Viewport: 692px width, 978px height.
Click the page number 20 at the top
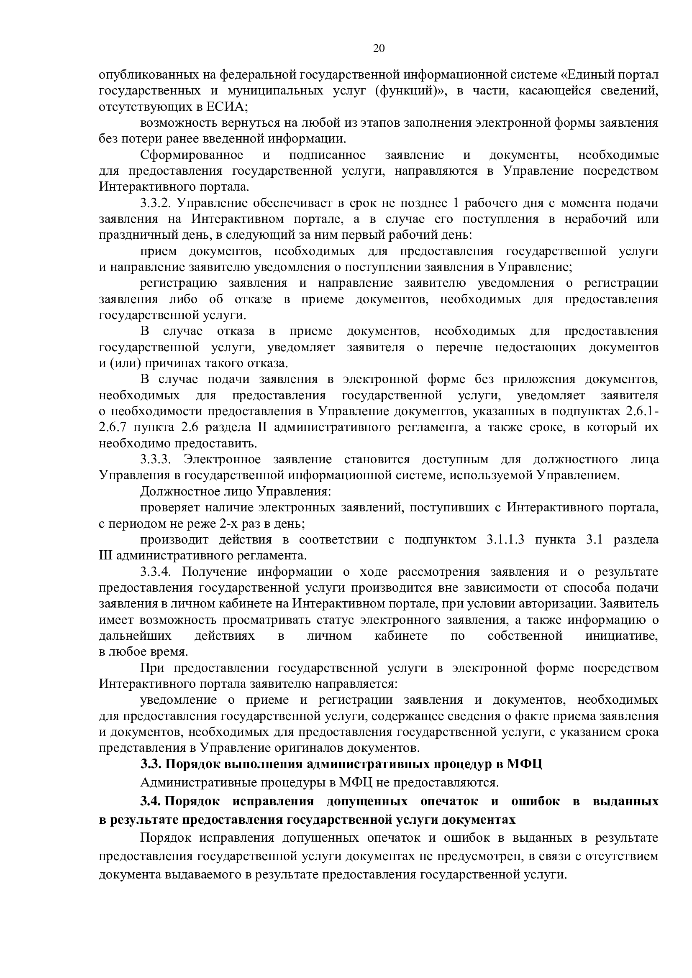coord(379,48)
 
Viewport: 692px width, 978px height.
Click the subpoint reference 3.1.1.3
coord(505,540)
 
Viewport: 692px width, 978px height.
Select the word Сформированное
coord(192,155)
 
